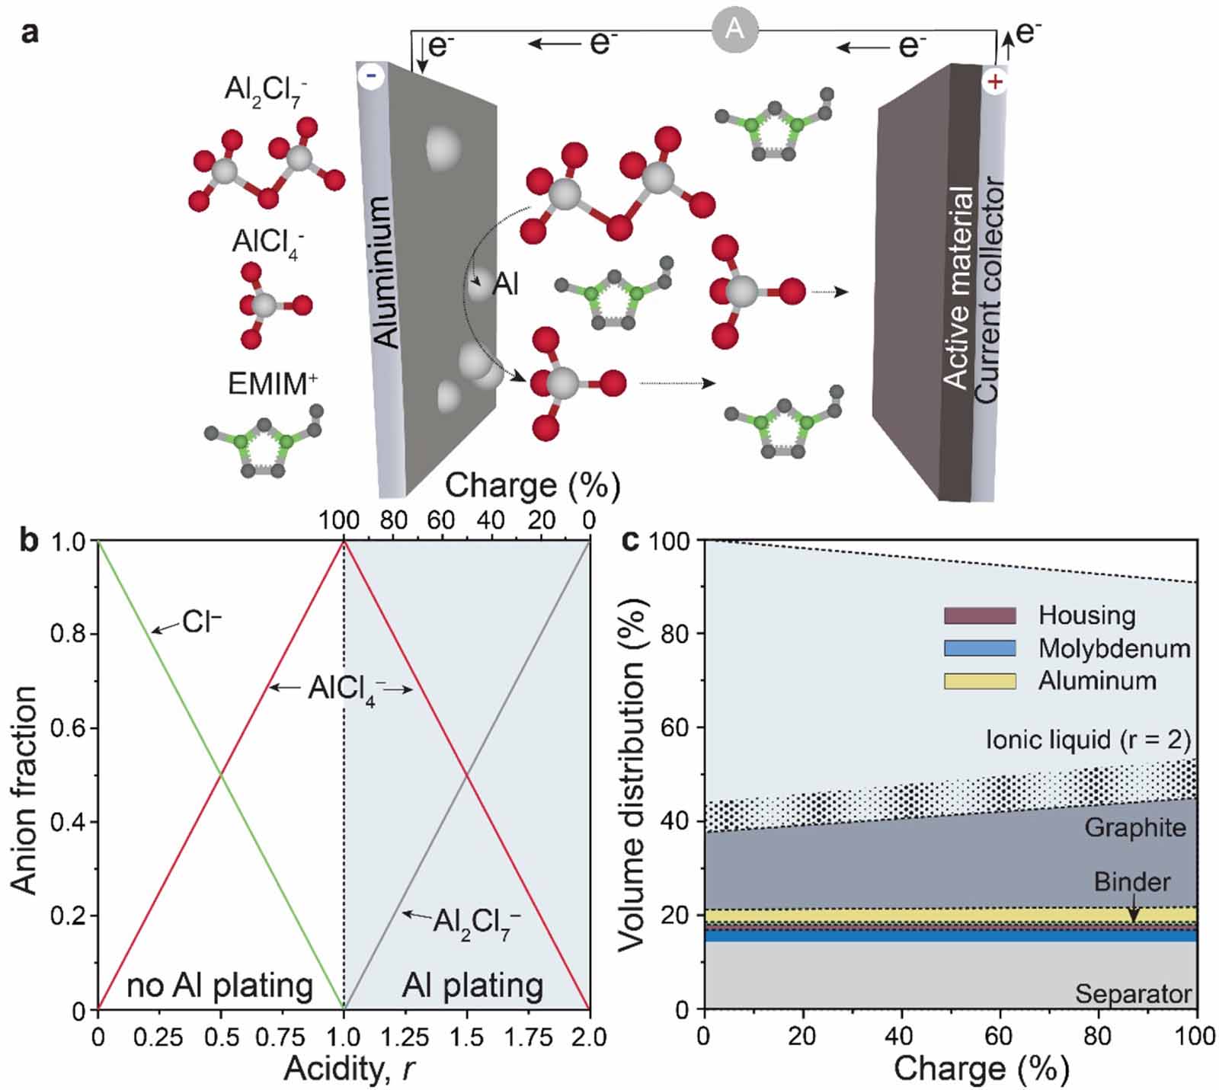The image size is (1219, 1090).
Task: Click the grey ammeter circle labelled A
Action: point(734,30)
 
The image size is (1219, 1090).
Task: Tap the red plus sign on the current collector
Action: point(995,81)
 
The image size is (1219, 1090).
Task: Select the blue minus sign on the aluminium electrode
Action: point(371,76)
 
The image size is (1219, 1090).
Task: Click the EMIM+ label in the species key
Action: point(272,383)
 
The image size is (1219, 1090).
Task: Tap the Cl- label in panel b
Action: point(202,622)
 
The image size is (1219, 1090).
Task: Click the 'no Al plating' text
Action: point(219,986)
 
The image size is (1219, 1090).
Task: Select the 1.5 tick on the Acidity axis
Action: point(466,1037)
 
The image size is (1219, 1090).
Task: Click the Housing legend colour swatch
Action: point(980,615)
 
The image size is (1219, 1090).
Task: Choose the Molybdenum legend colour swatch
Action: point(980,648)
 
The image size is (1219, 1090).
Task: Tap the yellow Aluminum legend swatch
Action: point(980,681)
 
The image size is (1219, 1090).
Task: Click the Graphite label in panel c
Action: point(1135,828)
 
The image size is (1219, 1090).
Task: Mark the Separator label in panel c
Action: point(1133,994)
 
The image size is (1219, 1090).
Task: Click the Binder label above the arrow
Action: point(1132,882)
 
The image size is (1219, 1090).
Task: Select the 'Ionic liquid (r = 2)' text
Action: point(1088,739)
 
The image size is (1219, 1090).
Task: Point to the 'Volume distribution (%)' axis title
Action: point(632,774)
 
